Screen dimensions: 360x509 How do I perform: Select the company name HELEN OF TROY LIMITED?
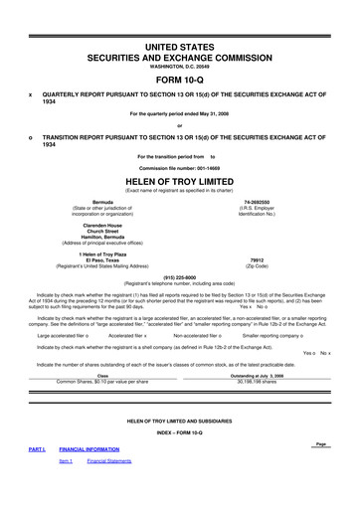click(180, 181)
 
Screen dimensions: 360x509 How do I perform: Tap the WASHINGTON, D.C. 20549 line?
click(180, 66)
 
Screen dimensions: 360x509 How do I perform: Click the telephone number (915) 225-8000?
click(180, 277)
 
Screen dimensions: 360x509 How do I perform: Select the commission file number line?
click(180, 167)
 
